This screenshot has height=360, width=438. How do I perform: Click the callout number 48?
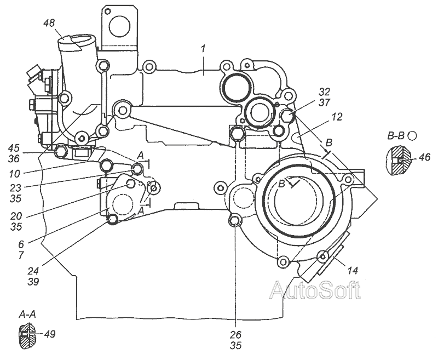(49, 23)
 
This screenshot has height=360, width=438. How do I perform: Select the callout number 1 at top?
(203, 49)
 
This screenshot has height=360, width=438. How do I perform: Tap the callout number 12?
(337, 117)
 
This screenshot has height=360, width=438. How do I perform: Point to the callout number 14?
(353, 270)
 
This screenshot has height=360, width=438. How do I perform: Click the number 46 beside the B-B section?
(425, 157)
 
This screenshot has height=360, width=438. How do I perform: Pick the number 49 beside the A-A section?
(50, 334)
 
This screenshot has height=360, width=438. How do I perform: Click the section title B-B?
(396, 135)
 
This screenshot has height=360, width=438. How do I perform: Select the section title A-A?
(27, 315)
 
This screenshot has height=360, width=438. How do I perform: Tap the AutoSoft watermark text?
(315, 290)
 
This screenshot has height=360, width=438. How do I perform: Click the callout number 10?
(15, 174)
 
